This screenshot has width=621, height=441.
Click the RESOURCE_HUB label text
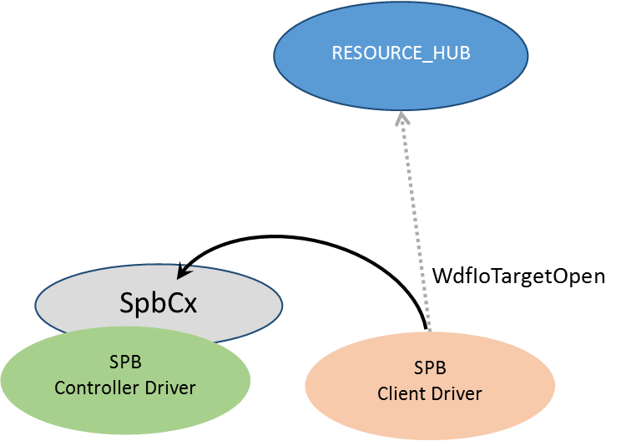point(401,53)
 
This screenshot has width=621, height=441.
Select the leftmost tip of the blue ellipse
point(275,55)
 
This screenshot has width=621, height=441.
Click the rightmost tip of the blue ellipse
point(528,55)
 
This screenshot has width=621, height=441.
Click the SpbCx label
point(158,302)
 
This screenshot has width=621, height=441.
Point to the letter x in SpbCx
point(190,304)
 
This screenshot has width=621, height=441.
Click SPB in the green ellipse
point(125,363)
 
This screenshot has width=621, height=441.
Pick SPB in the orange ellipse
point(430,367)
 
